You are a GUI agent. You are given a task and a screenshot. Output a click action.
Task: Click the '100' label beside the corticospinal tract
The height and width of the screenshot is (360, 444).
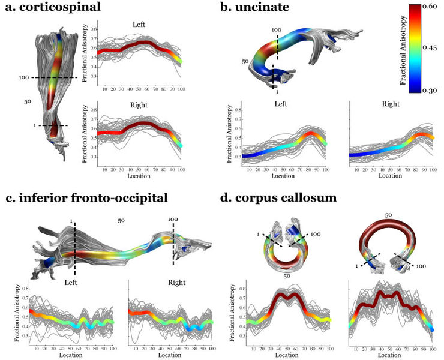[22, 78]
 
